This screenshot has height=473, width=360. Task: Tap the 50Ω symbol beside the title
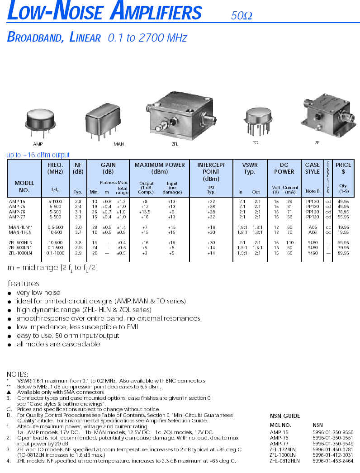[241, 16]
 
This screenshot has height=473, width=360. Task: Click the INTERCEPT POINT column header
[211, 172]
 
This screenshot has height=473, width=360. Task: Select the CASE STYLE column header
[312, 168]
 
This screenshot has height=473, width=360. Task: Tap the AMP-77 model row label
[17, 217]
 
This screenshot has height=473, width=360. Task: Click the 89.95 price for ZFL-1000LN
[343, 253]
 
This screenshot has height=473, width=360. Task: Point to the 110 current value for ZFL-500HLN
[289, 243]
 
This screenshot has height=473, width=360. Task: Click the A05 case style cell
[313, 227]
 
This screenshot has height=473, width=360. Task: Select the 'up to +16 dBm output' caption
[38, 155]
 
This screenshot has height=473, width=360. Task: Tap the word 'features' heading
[24, 284]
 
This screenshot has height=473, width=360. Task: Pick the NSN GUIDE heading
[285, 416]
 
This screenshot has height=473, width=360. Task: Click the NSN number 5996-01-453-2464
[333, 461]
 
